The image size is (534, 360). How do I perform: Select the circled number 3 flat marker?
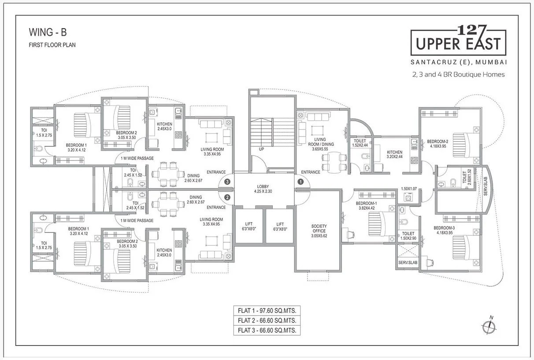coord(227,181)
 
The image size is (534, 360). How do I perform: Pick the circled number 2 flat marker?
coord(227,197)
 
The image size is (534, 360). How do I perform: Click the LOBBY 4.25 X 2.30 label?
coord(263,189)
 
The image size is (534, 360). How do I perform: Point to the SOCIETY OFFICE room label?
coord(319,231)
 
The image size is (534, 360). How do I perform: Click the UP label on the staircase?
coord(261,149)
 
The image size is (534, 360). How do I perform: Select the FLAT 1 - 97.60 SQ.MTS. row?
coord(267,311)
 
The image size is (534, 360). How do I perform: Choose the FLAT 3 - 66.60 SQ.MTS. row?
coord(267,330)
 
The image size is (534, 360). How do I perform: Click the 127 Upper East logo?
coord(458,41)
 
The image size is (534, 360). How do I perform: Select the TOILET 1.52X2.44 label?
coord(360,143)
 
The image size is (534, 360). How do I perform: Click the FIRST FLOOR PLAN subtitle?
coord(52,45)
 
